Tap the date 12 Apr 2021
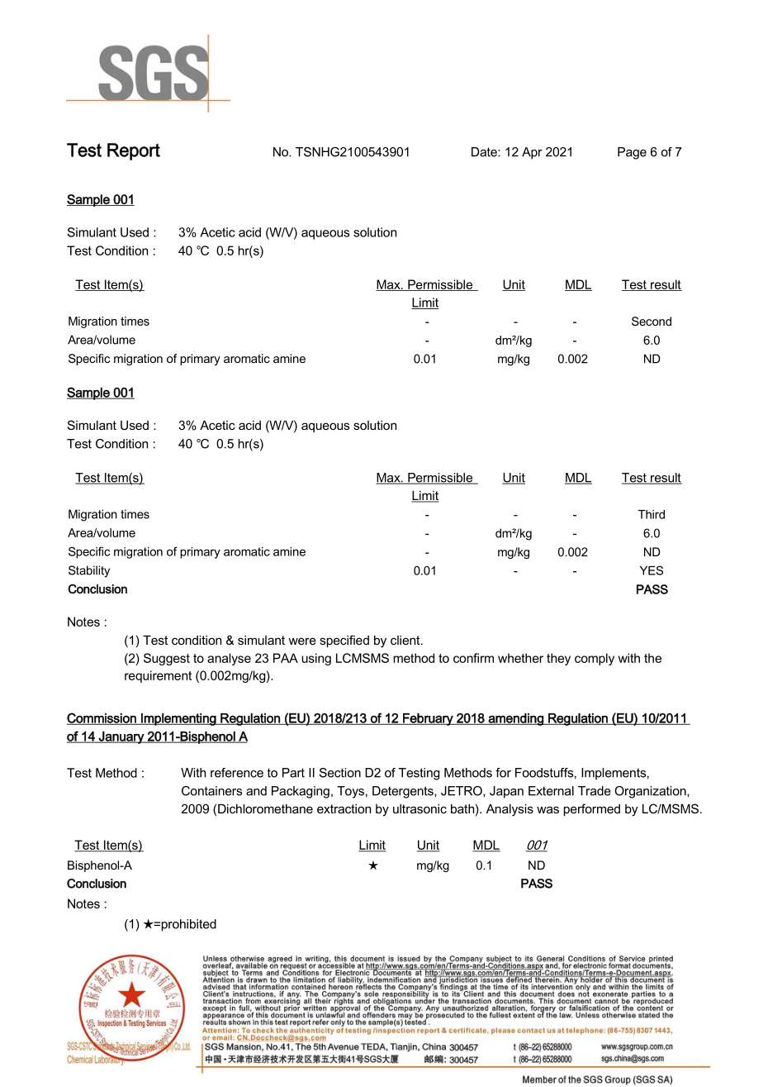[x=538, y=152]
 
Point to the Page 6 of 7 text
[x=649, y=152]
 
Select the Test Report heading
[x=113, y=151]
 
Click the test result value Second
[x=651, y=322]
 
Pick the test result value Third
[x=651, y=514]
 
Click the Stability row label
[x=89, y=570]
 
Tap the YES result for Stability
[x=651, y=570]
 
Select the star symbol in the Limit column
[x=373, y=865]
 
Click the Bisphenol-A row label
[x=99, y=865]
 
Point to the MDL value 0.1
[x=484, y=865]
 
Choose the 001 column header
[x=537, y=845]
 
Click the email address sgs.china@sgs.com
[x=633, y=1059]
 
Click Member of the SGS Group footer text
[x=597, y=1080]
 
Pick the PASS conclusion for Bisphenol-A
[x=536, y=884]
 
